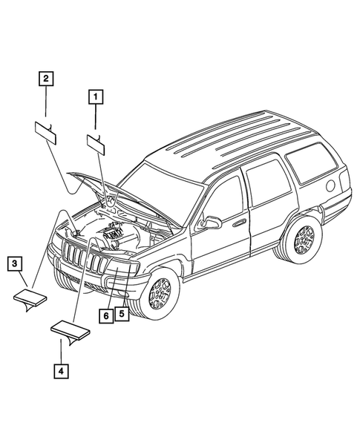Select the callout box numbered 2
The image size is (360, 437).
point(46,78)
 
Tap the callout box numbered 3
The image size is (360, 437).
point(15,263)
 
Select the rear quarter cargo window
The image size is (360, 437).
point(312,165)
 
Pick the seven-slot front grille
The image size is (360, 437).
point(77,257)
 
